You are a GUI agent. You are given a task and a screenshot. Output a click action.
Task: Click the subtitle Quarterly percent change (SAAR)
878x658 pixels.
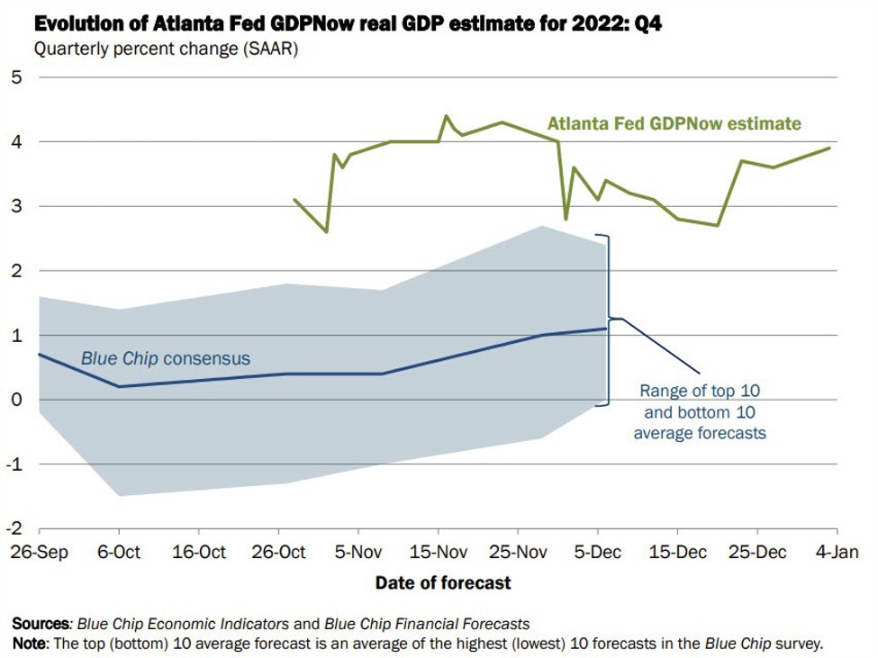pos(166,49)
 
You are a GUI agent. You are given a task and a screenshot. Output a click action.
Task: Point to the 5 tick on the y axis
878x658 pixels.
pos(18,77)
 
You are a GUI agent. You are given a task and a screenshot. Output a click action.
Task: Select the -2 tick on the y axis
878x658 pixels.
pos(14,528)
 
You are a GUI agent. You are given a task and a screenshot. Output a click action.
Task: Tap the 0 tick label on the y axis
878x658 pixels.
pos(18,400)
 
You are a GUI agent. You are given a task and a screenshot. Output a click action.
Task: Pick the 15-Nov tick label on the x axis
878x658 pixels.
pos(437,552)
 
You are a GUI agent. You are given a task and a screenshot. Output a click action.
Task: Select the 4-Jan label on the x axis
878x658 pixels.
pos(837,552)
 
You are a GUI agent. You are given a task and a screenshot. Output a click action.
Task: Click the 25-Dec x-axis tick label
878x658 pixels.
pos(757,552)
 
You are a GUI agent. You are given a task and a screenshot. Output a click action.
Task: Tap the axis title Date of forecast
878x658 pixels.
pos(443,583)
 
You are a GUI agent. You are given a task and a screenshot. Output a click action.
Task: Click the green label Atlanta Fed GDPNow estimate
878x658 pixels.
pos(674,123)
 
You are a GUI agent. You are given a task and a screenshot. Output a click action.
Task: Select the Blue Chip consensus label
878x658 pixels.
pos(166,359)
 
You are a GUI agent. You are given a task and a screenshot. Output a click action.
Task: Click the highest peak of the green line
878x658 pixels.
pos(446,116)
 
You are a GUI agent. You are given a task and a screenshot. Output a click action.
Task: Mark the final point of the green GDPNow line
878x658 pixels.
pos(828,149)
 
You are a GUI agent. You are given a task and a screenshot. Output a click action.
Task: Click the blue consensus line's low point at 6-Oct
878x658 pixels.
pos(118,387)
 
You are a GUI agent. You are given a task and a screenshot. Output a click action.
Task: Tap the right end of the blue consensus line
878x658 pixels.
pos(606,329)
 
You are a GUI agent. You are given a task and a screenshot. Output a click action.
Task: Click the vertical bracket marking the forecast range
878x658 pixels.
pos(610,319)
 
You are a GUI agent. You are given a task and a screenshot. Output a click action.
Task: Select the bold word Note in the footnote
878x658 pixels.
pos(29,644)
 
